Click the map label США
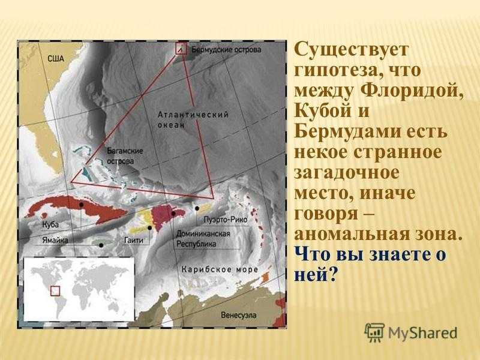[56, 58]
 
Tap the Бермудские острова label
[226, 50]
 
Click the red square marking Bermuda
[181, 49]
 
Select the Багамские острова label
[125, 156]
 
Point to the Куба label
[50, 224]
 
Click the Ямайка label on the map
[55, 241]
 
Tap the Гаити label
[134, 241]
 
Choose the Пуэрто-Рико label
[226, 220]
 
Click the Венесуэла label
[238, 315]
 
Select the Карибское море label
[220, 269]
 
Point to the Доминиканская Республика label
[203, 239]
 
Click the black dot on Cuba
[81, 204]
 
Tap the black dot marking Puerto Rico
[197, 208]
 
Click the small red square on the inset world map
[55, 291]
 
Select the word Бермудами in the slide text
[347, 132]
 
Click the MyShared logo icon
[374, 332]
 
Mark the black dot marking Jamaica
[101, 245]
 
